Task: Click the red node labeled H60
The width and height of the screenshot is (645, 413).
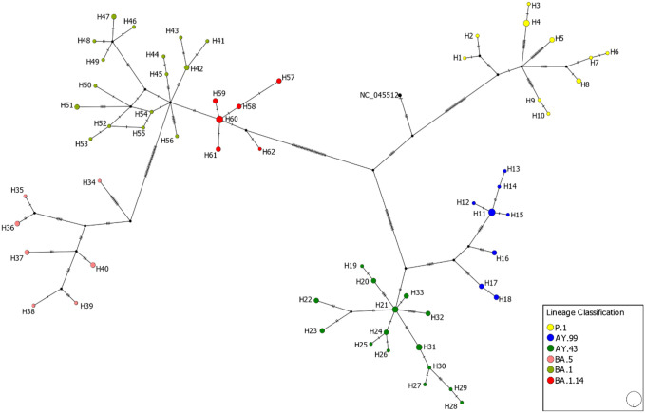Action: pos(219,120)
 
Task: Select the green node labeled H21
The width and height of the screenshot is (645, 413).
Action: pos(395,310)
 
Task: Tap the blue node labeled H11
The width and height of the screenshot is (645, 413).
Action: pos(492,213)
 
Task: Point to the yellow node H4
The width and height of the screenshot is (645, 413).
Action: pos(526,22)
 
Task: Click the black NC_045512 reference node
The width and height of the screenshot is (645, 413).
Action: pos(401,95)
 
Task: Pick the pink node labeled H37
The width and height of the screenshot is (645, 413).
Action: pos(28,253)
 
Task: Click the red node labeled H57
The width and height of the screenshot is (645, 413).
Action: pos(279,81)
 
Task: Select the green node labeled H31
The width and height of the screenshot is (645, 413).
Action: pos(418,347)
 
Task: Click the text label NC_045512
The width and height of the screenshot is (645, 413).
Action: pos(377,94)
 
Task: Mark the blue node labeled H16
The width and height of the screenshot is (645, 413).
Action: pos(494,253)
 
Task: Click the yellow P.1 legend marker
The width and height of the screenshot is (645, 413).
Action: pos(552,327)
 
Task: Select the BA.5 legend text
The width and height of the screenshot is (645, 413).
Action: pos(570,361)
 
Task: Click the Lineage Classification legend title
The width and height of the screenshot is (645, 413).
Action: pos(583,312)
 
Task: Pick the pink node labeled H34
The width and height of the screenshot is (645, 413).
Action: pos(100,181)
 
